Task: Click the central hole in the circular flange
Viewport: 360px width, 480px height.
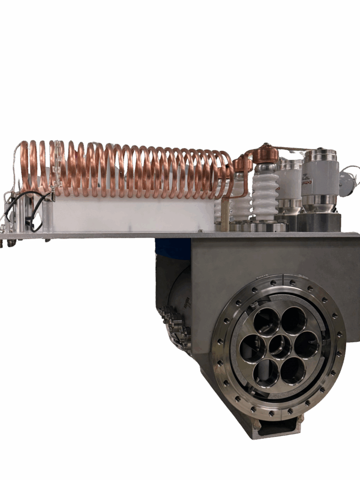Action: pos(280,346)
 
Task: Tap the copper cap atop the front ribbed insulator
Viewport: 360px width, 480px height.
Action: pos(265,154)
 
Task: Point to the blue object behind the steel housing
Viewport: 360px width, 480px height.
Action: pos(172,248)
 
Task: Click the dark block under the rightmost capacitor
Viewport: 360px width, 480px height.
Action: pos(319,222)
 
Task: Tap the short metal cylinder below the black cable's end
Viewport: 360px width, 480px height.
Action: pos(47,216)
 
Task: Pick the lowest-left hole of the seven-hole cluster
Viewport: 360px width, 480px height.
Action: pos(266,373)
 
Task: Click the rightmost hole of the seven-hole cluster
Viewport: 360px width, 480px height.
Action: pos(307,345)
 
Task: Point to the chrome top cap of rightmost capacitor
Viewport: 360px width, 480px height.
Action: pos(320,155)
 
